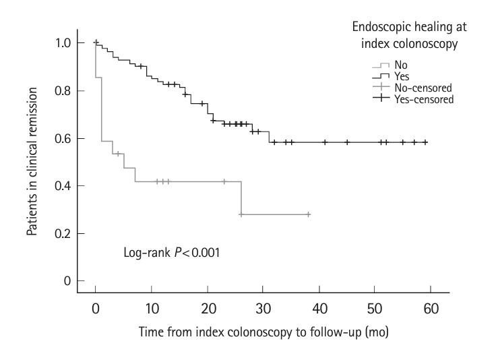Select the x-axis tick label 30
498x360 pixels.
coord(263,308)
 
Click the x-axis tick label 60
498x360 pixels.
coord(431,308)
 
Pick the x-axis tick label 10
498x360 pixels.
coord(152,308)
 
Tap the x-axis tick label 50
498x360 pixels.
coord(375,308)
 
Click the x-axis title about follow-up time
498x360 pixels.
coord(263,334)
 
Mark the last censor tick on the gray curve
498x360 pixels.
coord(308,214)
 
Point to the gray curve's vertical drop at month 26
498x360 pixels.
coord(241,198)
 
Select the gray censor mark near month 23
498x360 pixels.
coord(224,181)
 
